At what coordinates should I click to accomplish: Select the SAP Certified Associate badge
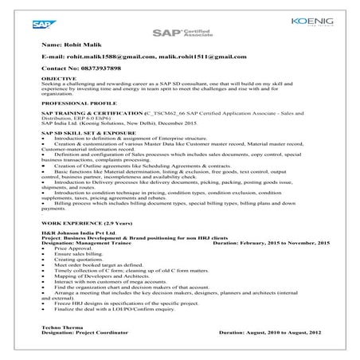178,33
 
